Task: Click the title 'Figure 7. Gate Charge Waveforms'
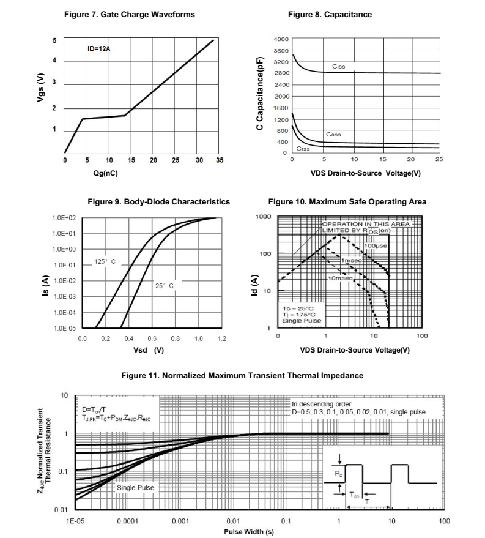coord(130,15)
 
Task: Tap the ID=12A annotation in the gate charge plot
coord(98,49)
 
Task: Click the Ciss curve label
coord(339,66)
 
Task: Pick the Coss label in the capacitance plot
coord(333,135)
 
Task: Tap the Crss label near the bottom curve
coord(303,149)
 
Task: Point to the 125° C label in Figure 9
coord(105,261)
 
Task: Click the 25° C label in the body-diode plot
coord(163,286)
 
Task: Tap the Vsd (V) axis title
coord(148,350)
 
